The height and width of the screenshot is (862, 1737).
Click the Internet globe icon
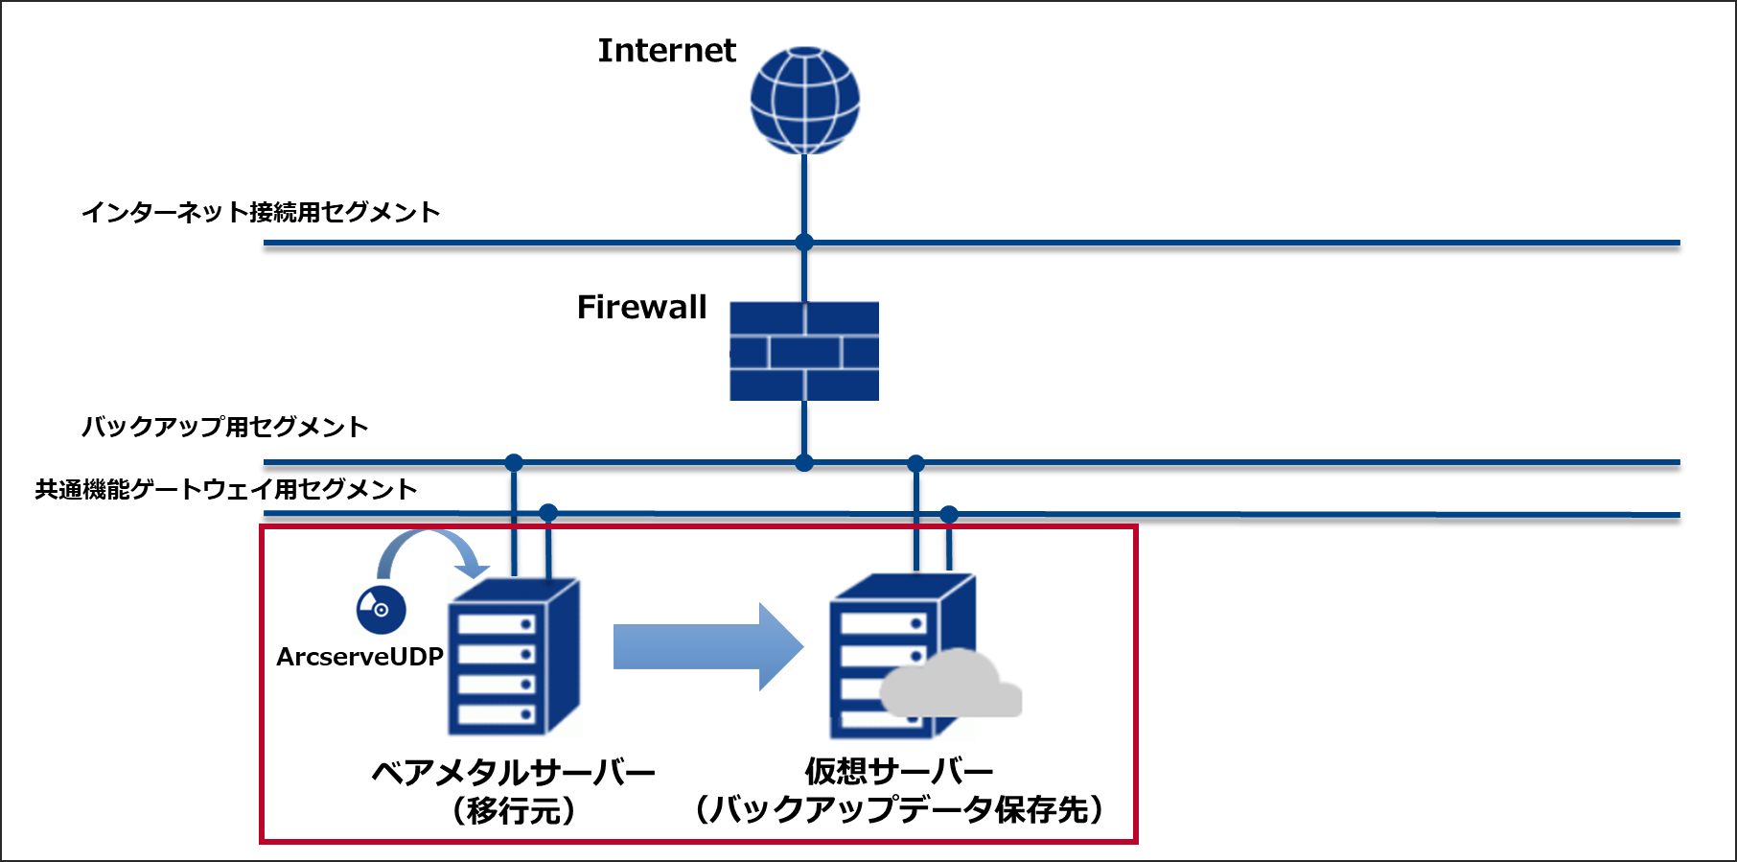(804, 100)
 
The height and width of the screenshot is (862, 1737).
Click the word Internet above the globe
(666, 51)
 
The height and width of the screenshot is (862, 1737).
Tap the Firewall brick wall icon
(804, 351)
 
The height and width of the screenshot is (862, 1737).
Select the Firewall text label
(641, 308)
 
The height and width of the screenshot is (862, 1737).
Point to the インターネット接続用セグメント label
(261, 212)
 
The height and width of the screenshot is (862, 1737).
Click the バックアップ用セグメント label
(224, 427)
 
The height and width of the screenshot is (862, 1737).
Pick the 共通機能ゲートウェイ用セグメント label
(226, 490)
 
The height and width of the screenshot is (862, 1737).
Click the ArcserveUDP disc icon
(381, 609)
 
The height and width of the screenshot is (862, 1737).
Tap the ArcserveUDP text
(359, 657)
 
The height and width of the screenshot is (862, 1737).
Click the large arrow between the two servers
(707, 646)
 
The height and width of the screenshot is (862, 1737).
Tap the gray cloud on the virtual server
(950, 687)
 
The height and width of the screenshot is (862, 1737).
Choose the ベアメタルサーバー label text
(513, 772)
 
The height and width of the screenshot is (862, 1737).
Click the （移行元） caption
(514, 811)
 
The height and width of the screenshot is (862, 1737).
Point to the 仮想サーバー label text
(898, 770)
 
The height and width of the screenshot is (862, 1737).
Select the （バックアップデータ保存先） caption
(898, 810)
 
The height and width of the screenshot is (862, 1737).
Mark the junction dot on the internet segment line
(804, 243)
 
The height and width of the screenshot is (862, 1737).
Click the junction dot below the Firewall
(804, 463)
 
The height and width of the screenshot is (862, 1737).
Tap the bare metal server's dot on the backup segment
(514, 463)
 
